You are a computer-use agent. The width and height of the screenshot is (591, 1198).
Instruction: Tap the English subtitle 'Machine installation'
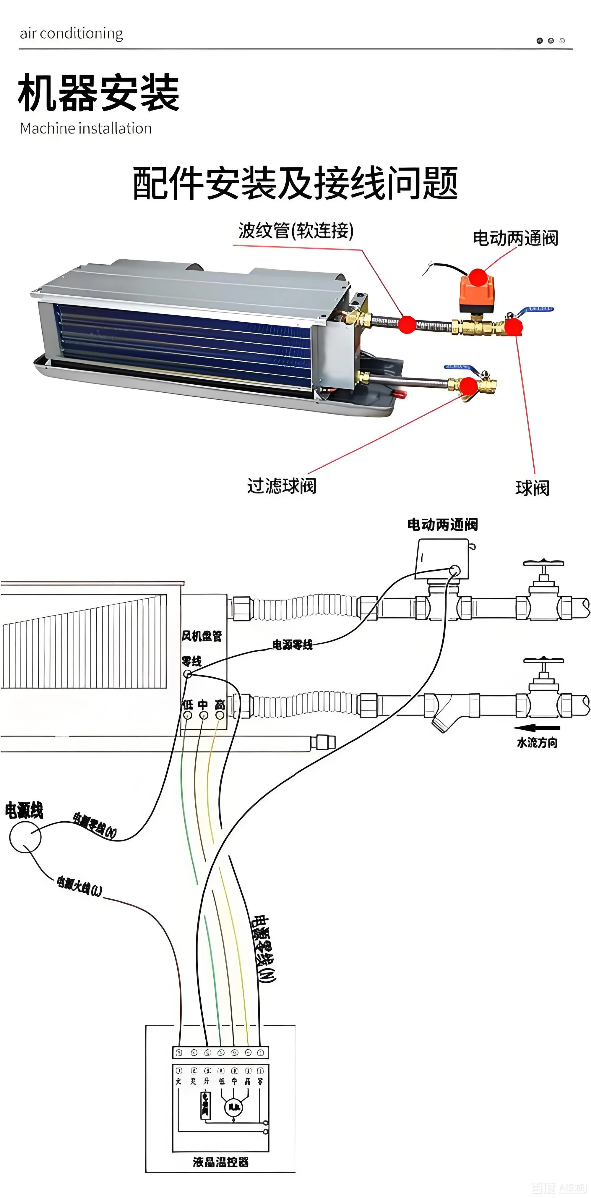click(86, 128)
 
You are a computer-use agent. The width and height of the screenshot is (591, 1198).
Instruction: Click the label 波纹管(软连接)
click(296, 230)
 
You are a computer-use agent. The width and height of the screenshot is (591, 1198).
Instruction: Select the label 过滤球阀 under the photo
click(281, 486)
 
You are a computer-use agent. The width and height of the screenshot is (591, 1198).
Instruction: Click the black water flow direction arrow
click(537, 728)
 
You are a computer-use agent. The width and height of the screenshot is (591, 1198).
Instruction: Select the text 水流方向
click(537, 743)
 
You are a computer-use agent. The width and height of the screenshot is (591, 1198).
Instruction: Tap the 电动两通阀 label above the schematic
click(442, 524)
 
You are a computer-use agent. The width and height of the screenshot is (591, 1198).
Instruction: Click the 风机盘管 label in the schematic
click(201, 636)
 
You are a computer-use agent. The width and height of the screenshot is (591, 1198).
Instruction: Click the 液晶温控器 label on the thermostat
click(220, 1162)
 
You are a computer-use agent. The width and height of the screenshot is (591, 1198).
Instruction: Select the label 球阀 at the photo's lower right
click(532, 488)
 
